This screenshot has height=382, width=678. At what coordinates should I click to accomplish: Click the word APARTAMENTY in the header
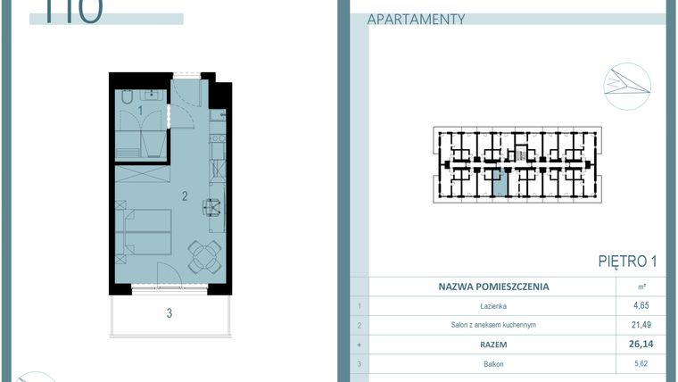pos(417,19)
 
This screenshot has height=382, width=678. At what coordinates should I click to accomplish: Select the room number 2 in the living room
pos(185,195)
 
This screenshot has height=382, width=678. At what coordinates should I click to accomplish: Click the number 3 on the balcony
pos(168,312)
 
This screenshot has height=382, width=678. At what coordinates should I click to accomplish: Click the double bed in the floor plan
pos(143,231)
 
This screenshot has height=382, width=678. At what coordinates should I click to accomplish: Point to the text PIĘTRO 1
pos(627,262)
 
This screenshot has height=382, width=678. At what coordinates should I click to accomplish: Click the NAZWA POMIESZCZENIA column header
pos(493,287)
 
